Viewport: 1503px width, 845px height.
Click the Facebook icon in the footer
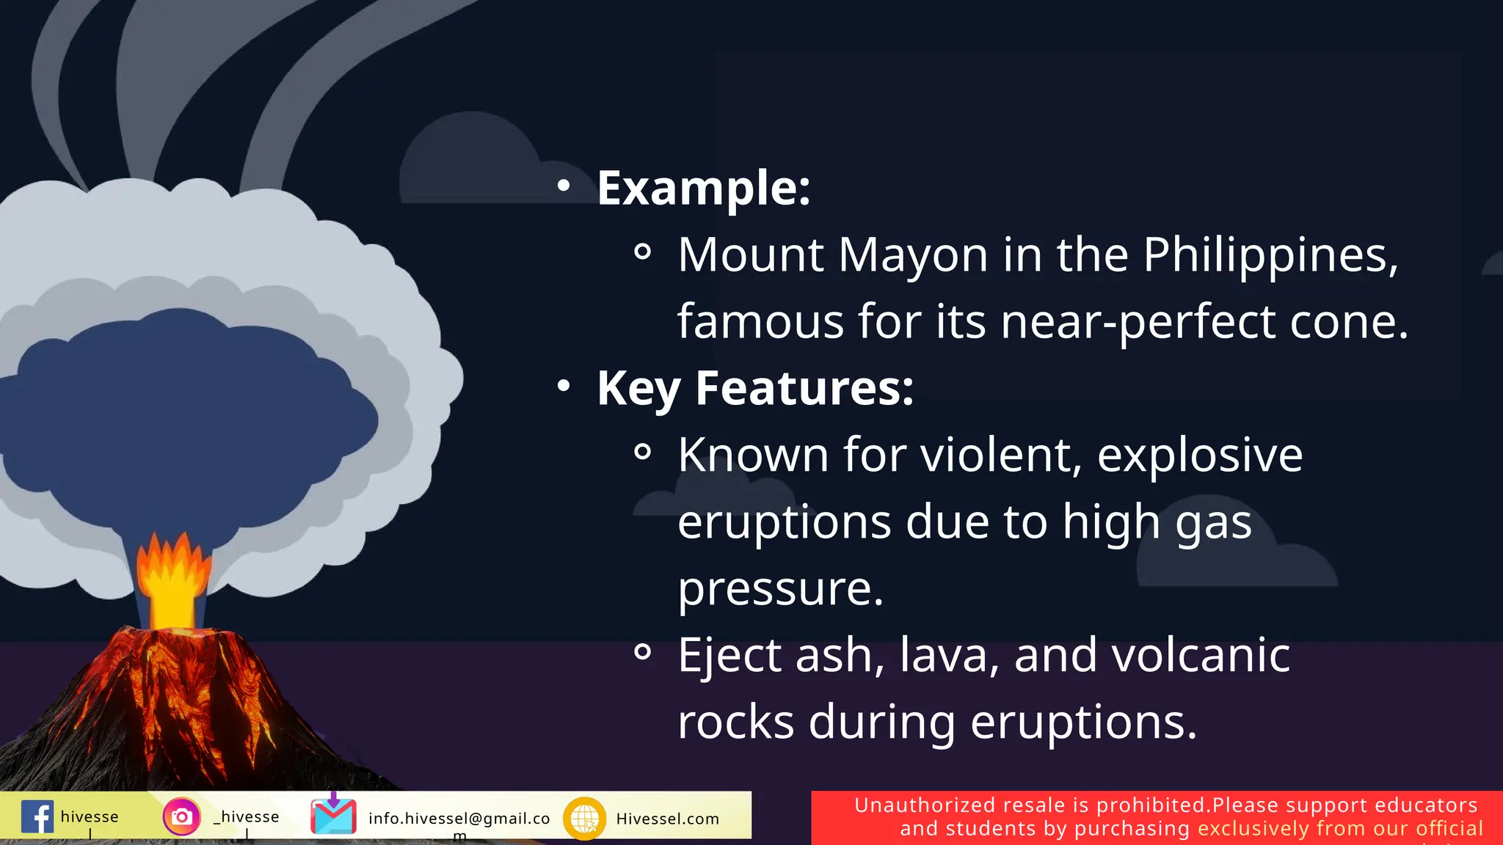pyautogui.click(x=37, y=816)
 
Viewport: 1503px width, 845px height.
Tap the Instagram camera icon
pyautogui.click(x=181, y=816)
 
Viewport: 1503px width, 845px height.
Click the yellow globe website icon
pyautogui.click(x=584, y=818)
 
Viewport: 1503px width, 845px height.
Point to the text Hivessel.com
pyautogui.click(x=667, y=819)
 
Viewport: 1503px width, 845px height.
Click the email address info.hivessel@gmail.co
pyautogui.click(x=459, y=819)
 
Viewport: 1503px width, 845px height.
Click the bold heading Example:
pyautogui.click(x=703, y=188)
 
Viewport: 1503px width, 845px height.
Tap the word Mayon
pyautogui.click(x=913, y=255)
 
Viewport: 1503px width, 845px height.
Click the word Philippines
pyautogui.click(x=1270, y=255)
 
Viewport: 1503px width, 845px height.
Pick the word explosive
pyautogui.click(x=1199, y=455)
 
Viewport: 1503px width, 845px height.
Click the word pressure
pyautogui.click(x=780, y=588)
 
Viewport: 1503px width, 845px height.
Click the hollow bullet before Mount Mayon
pyautogui.click(x=642, y=252)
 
